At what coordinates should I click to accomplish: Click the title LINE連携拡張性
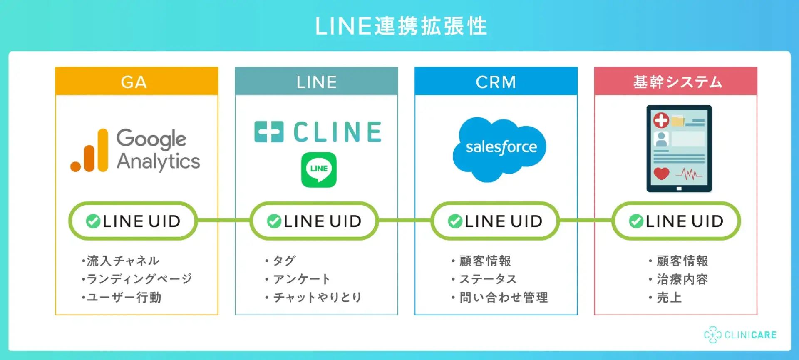(401, 26)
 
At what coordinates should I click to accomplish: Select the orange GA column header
(136, 82)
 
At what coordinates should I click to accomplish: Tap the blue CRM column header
(496, 82)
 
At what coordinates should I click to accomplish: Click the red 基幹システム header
(675, 82)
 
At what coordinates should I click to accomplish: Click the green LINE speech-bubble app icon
(319, 170)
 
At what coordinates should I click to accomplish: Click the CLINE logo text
(337, 132)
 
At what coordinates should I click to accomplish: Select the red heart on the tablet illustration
(661, 173)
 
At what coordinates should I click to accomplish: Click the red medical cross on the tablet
(661, 120)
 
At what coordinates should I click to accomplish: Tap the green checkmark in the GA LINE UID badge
(93, 221)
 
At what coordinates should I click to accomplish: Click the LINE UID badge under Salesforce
(495, 221)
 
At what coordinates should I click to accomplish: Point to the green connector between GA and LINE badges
(223, 221)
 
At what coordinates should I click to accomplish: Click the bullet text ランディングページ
(139, 279)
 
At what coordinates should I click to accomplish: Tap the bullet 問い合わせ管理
(503, 297)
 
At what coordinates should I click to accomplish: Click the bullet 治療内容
(682, 279)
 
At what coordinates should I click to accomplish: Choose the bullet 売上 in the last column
(669, 297)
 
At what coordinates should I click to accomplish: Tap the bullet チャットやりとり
(317, 297)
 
